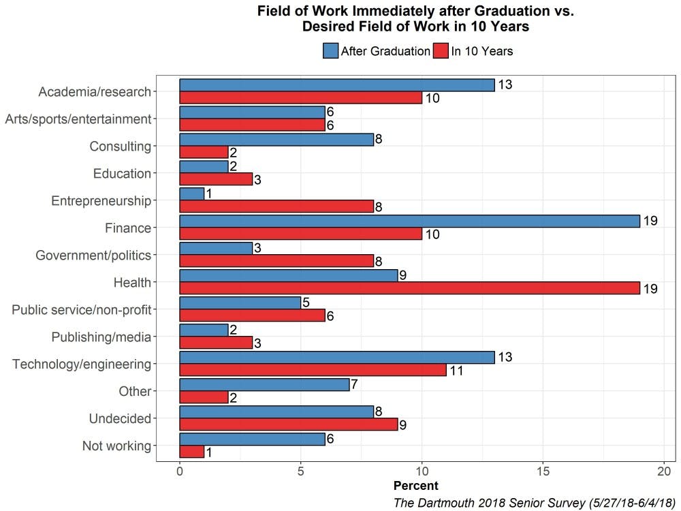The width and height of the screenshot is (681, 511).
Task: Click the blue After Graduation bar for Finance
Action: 409,221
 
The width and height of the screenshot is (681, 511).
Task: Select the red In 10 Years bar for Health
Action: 409,289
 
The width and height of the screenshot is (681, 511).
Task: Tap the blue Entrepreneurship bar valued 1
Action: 191,193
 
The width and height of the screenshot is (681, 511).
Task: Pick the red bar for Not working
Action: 191,452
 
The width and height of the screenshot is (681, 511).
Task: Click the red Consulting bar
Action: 204,153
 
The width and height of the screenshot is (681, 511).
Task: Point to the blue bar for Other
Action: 264,384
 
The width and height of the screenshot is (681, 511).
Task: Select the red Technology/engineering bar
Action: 313,371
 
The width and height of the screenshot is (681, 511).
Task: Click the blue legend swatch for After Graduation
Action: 330,51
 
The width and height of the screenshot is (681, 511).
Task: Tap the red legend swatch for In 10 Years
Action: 441,51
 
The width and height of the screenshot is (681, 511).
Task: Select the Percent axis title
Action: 416,486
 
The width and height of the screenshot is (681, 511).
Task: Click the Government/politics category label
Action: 93,255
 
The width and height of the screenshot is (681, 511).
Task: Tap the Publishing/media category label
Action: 101,337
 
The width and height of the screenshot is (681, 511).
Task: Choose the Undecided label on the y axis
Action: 120,418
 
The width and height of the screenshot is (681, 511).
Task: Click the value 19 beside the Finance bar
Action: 650,221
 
